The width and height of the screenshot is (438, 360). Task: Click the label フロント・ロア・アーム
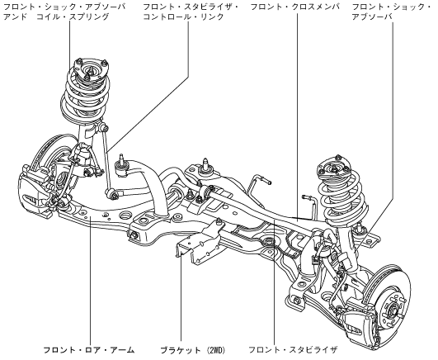pos(89,350)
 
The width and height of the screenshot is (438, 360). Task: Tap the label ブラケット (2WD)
pos(193,350)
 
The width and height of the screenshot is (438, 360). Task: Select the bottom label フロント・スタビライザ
pos(293,350)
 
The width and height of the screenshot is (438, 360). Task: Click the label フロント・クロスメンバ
pos(295,7)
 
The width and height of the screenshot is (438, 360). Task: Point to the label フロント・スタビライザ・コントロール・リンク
pos(191,12)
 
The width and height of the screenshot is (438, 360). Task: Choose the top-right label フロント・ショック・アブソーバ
pos(392,12)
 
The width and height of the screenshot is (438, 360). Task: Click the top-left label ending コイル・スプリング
pos(64,12)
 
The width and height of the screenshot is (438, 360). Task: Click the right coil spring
pos(341,196)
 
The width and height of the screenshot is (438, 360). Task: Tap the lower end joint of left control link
pos(111,193)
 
